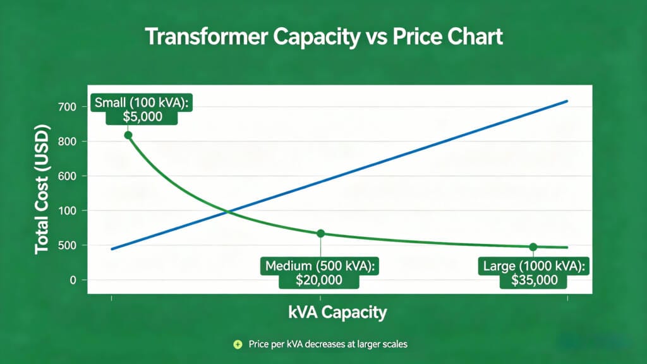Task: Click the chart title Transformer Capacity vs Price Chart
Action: click(323, 37)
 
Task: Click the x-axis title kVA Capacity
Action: click(337, 312)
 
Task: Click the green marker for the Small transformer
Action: click(128, 135)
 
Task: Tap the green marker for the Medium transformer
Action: click(320, 233)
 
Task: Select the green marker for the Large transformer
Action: click(533, 246)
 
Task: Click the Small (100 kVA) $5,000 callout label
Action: click(142, 109)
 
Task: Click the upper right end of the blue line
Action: click(567, 101)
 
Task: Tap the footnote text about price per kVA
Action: click(327, 344)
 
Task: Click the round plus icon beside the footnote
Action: click(238, 344)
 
